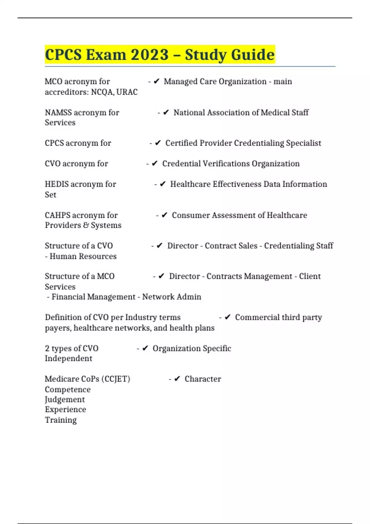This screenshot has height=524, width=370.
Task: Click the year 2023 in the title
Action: (x=150, y=55)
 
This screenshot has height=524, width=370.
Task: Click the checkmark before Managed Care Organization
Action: (x=156, y=81)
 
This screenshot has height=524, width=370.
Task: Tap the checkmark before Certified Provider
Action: (x=158, y=143)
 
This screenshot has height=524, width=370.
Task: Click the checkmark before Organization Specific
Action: (x=145, y=348)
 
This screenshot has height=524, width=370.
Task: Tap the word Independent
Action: (x=68, y=358)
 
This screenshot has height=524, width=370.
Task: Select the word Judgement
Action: (x=65, y=399)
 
